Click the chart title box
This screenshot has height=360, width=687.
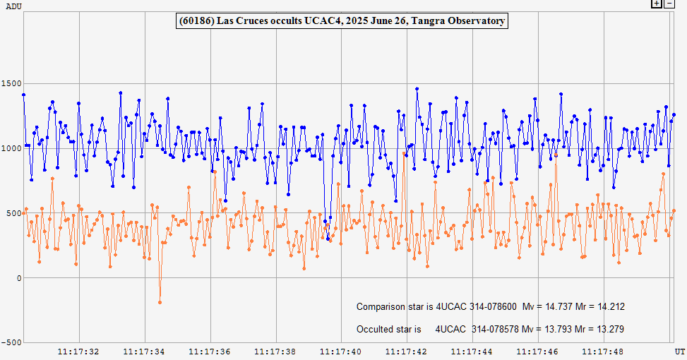(342, 21)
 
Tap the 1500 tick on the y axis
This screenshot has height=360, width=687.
(12, 83)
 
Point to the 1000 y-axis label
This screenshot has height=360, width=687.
(12, 148)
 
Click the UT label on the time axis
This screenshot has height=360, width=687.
(679, 350)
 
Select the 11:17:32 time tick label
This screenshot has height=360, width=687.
(78, 350)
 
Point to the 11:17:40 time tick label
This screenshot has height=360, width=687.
(342, 350)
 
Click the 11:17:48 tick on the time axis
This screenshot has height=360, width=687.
(604, 350)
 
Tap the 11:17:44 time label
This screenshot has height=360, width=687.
(473, 350)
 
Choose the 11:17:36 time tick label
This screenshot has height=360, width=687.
(210, 350)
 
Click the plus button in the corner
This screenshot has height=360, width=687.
(656, 4)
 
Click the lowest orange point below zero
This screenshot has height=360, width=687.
(160, 302)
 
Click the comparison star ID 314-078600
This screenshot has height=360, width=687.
(494, 306)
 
